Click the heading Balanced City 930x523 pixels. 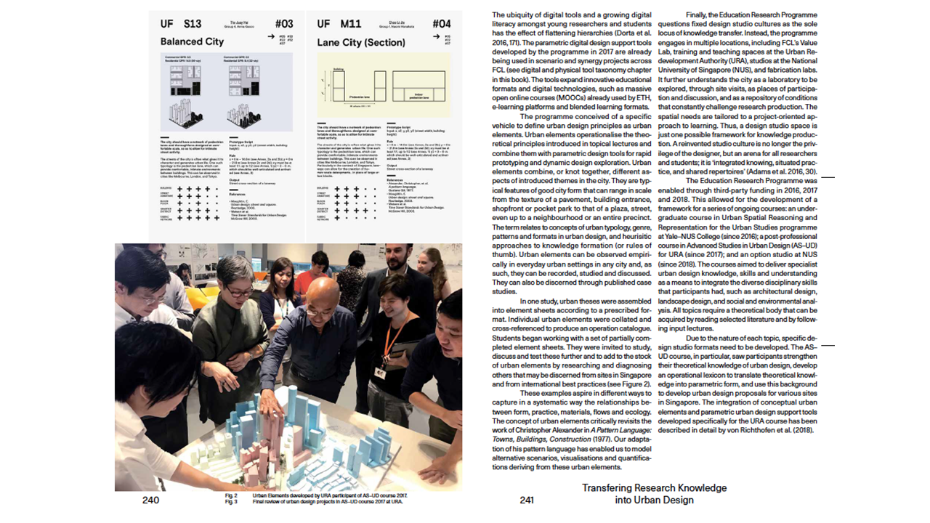pyautogui.click(x=192, y=41)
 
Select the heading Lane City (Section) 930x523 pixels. pyautogui.click(x=360, y=42)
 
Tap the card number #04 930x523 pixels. pyautogui.click(x=441, y=24)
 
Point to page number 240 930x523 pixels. pyautogui.click(x=150, y=500)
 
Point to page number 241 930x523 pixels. pyautogui.click(x=527, y=500)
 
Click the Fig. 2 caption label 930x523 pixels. pyautogui.click(x=231, y=495)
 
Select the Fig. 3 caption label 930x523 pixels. pyautogui.click(x=231, y=501)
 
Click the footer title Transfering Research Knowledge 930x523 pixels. pyautogui.click(x=654, y=488)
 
